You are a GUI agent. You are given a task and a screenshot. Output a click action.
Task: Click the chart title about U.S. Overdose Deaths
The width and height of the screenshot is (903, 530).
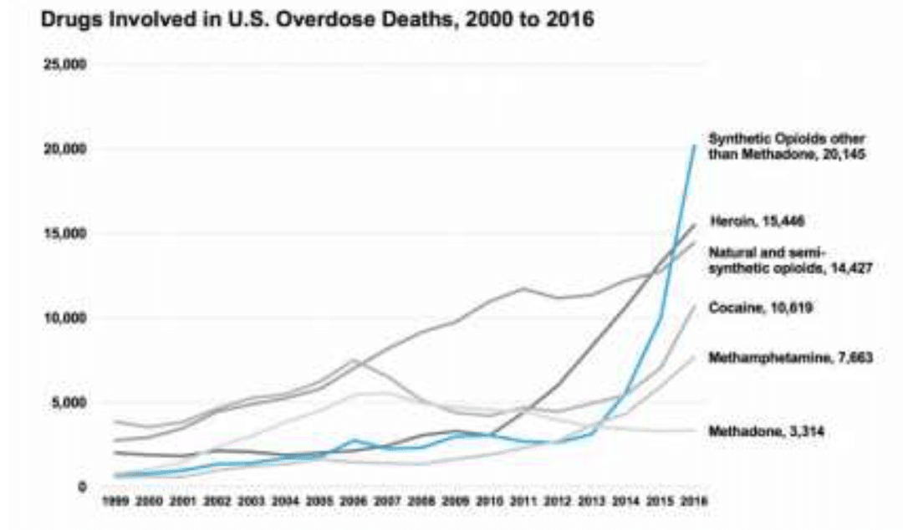pyautogui.click(x=318, y=20)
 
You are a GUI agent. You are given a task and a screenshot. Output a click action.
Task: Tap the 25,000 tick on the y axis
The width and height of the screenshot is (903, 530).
pyautogui.click(x=72, y=64)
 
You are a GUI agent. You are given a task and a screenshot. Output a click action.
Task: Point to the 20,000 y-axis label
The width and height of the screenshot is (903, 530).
pyautogui.click(x=72, y=149)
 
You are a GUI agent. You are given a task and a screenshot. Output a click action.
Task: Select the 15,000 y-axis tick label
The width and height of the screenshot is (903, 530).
pyautogui.click(x=72, y=233)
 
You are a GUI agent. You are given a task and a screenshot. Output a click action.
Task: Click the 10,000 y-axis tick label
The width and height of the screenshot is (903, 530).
pyautogui.click(x=72, y=319)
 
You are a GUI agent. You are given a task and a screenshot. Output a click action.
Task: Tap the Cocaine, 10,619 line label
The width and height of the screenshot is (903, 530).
pyautogui.click(x=761, y=308)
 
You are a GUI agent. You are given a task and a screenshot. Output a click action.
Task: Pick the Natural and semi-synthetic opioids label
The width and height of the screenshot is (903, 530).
pyautogui.click(x=796, y=259)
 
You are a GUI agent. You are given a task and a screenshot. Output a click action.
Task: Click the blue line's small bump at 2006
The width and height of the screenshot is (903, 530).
pyautogui.click(x=355, y=440)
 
